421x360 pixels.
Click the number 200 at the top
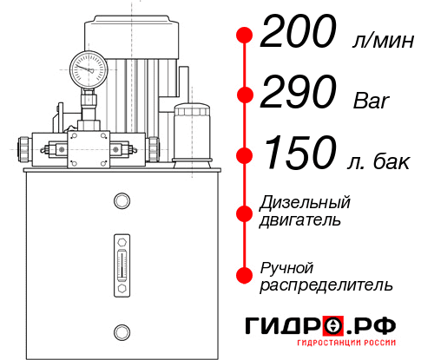click(298, 35)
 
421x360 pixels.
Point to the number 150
click(298, 154)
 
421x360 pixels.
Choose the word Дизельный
click(305, 202)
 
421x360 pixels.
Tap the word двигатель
click(300, 220)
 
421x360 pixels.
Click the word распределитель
click(326, 285)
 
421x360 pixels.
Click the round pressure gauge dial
click(88, 66)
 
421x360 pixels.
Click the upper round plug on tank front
click(121, 202)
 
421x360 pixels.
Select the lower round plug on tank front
click(121, 330)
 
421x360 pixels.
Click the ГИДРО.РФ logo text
click(320, 326)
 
